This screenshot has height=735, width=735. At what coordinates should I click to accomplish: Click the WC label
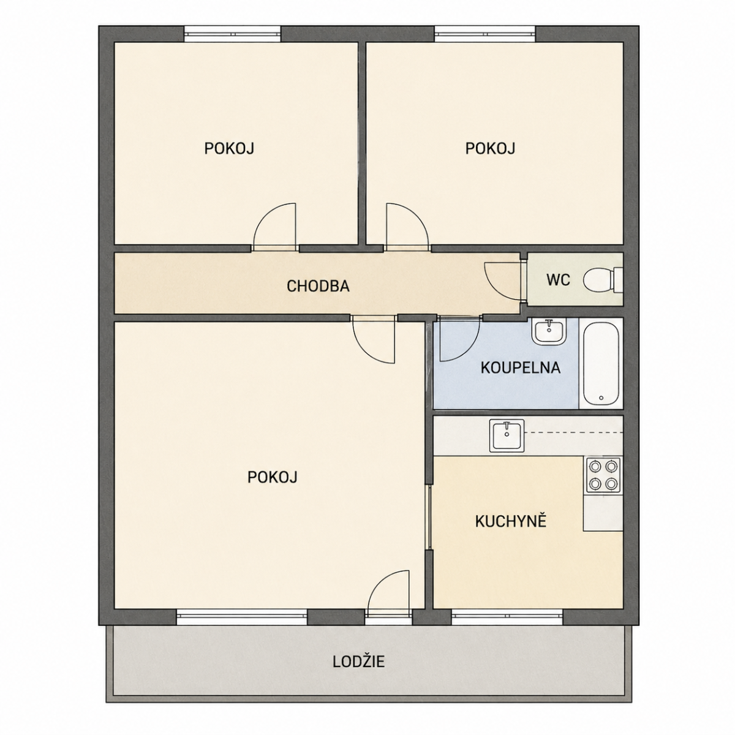pyautogui.click(x=558, y=280)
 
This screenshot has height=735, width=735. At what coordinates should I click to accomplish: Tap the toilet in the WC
pyautogui.click(x=603, y=280)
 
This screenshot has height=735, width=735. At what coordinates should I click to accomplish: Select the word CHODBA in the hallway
pyautogui.click(x=318, y=286)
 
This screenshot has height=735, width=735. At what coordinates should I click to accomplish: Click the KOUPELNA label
pyautogui.click(x=520, y=367)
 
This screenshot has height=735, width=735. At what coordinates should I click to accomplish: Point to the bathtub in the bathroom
pyautogui.click(x=601, y=364)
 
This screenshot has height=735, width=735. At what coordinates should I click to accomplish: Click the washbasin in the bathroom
pyautogui.click(x=549, y=331)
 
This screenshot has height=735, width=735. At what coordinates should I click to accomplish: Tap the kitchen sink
pyautogui.click(x=507, y=435)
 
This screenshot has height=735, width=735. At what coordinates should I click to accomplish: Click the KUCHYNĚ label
pyautogui.click(x=511, y=522)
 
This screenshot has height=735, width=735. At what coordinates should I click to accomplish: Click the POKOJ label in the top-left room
pyautogui.click(x=229, y=148)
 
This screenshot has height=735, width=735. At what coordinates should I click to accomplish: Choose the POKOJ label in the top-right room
pyautogui.click(x=490, y=148)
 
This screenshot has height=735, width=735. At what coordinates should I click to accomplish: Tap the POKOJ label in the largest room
pyautogui.click(x=273, y=477)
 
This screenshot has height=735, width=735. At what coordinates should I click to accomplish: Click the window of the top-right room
pyautogui.click(x=484, y=34)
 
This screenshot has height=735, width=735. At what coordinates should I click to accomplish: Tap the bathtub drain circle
pyautogui.click(x=601, y=398)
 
